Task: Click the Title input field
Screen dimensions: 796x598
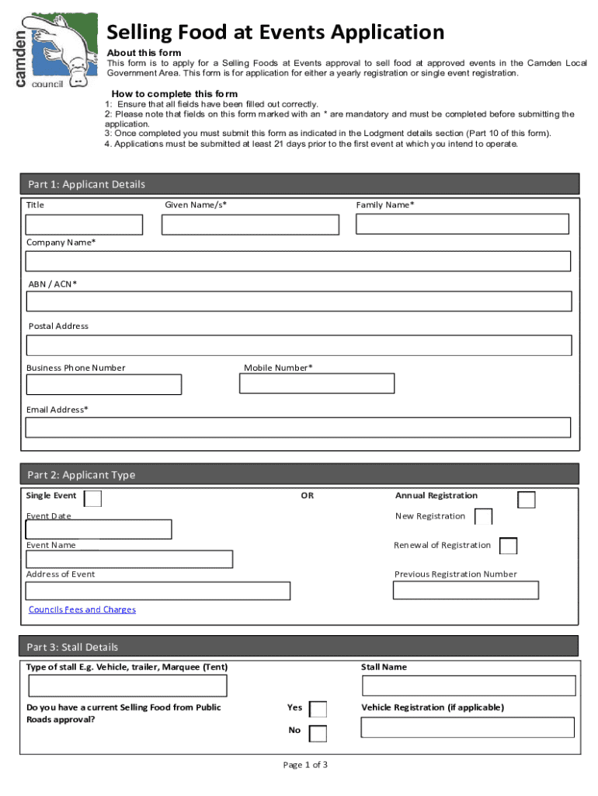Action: [x=84, y=225]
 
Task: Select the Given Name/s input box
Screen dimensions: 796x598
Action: [x=250, y=225]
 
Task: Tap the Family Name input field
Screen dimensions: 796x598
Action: [x=462, y=224]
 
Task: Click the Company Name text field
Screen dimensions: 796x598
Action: [x=298, y=261]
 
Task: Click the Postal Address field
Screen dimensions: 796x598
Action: [x=299, y=345]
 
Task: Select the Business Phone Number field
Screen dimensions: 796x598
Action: [x=104, y=385]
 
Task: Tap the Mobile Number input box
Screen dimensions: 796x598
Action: [x=317, y=384]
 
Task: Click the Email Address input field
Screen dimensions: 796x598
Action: [x=298, y=428]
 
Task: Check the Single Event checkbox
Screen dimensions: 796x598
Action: [x=92, y=498]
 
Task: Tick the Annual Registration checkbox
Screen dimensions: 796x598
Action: [x=527, y=500]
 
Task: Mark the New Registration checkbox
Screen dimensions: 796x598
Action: [x=483, y=517]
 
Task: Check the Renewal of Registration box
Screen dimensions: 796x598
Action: [x=509, y=546]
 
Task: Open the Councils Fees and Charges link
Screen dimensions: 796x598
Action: [x=82, y=610]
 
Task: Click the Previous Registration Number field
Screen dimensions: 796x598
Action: [x=466, y=590]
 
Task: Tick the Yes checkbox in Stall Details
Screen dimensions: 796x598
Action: [x=318, y=709]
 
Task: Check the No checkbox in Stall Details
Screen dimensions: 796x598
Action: [x=318, y=733]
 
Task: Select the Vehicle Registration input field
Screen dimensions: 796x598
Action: [x=468, y=728]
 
